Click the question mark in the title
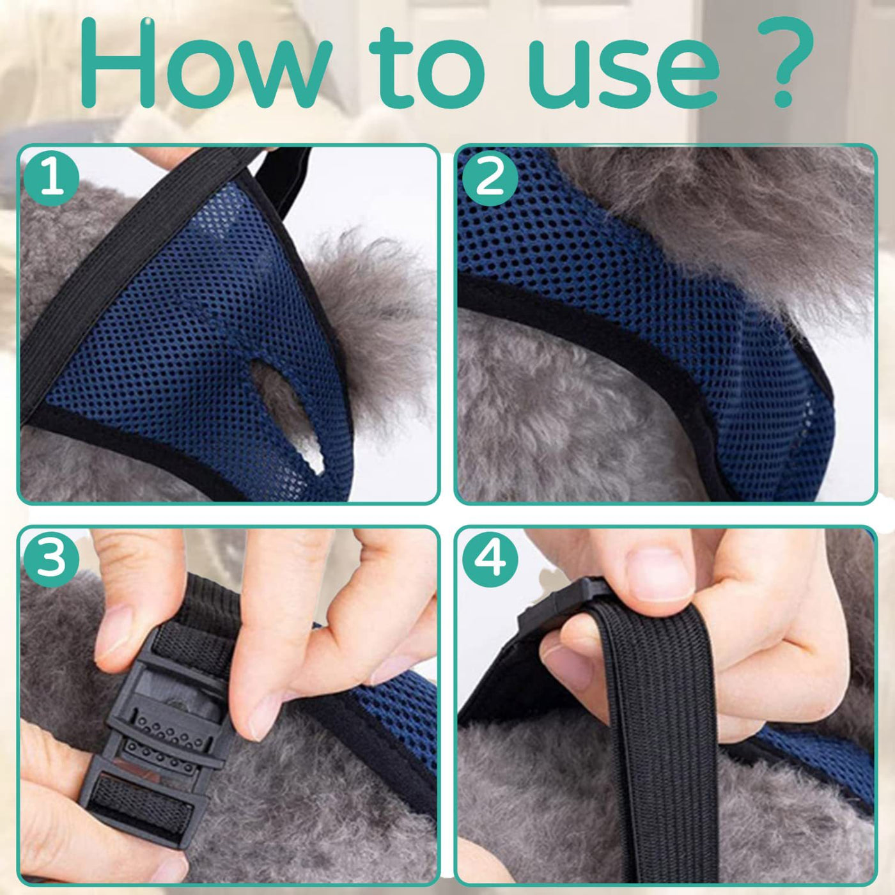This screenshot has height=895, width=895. point(785,62)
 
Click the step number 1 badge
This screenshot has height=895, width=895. point(52,178)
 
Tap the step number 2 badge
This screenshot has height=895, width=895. point(490,178)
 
